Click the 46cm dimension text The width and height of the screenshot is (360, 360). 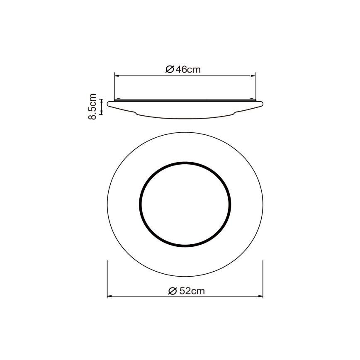click(x=188, y=70)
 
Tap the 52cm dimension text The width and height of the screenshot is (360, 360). click(x=192, y=291)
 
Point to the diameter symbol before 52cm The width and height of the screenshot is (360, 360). click(x=173, y=291)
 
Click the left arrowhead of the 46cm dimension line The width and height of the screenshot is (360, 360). click(x=117, y=76)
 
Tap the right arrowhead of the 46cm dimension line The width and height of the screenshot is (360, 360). click(x=253, y=76)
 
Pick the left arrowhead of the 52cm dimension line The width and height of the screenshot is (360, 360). click(x=109, y=297)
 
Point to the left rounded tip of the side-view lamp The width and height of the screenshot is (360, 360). click(x=108, y=103)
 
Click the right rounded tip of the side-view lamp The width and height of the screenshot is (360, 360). click(x=263, y=103)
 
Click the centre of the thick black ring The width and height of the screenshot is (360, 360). click(x=185, y=204)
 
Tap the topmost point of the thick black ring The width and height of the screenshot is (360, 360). click(x=185, y=163)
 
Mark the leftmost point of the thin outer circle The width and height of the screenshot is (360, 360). click(x=107, y=204)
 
